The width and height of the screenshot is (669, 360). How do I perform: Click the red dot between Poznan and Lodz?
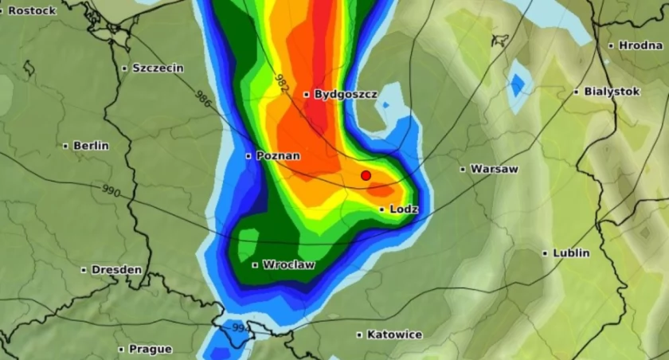pyautogui.click(x=366, y=175)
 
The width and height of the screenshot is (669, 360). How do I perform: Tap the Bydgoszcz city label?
pyautogui.click(x=346, y=94)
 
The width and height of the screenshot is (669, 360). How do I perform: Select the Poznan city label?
pyautogui.click(x=278, y=156)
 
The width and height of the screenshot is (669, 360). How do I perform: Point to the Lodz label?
pyautogui.click(x=404, y=209)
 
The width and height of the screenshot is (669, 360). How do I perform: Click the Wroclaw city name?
pyautogui.click(x=288, y=264)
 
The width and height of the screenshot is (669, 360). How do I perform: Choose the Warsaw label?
pyautogui.click(x=494, y=169)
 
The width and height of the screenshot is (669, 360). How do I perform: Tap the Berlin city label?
pyautogui.click(x=91, y=146)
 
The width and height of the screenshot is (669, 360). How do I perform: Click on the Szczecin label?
pyautogui.click(x=158, y=68)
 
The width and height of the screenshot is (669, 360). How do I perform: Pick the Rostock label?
pyautogui.click(x=32, y=10)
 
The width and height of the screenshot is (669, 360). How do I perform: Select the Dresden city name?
pyautogui.click(x=116, y=270)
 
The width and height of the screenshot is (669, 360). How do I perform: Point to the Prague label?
pyautogui.click(x=150, y=349)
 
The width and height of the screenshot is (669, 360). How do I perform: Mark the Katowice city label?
pyautogui.click(x=394, y=335)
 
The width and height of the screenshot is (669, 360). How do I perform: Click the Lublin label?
pyautogui.click(x=572, y=253)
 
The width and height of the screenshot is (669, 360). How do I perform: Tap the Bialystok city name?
pyautogui.click(x=612, y=92)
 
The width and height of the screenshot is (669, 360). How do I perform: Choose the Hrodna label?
pyautogui.click(x=640, y=45)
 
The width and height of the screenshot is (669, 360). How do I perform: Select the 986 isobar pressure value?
pyautogui.click(x=204, y=98)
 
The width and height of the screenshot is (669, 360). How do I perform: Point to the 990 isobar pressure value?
pyautogui.click(x=112, y=191)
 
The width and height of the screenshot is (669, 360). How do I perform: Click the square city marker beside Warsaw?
pyautogui.click(x=463, y=169)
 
